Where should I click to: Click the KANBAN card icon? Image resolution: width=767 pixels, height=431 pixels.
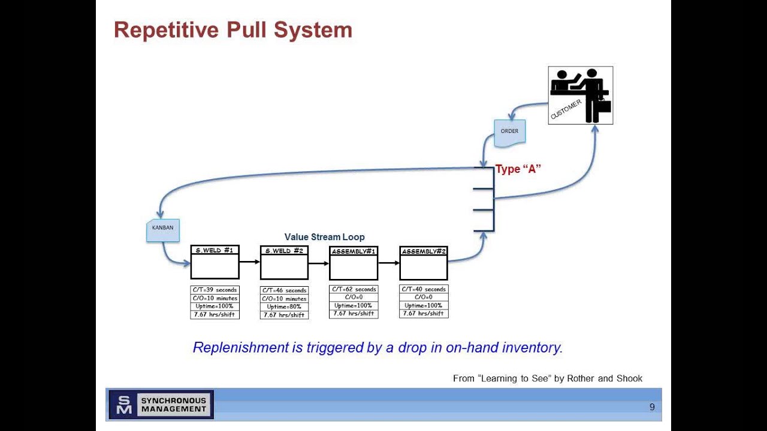pos(163,230)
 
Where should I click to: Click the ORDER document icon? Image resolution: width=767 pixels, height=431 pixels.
pos(509,132)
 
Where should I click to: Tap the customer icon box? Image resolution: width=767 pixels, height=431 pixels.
pos(580,95)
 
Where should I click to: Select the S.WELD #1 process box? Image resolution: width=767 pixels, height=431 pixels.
pos(215,262)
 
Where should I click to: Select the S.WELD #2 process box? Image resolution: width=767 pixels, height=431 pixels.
pos(284,262)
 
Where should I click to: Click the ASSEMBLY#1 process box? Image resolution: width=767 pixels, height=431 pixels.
pos(354,262)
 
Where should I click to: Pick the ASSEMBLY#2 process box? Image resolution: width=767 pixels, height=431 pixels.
pos(424,262)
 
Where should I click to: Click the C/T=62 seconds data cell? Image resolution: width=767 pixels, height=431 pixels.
pos(354,289)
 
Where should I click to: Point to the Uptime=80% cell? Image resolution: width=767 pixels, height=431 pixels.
pos(284,306)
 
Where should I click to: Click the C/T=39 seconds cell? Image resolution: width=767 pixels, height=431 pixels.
pos(215,290)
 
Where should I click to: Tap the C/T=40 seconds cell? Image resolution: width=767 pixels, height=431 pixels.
pos(424,289)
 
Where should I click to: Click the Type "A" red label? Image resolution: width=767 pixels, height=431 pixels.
pos(518,169)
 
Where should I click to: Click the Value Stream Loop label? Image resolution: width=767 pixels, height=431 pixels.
pos(324,237)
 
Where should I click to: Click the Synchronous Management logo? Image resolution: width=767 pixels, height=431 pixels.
pos(161,405)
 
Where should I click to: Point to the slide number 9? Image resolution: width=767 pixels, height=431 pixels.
pos(652,407)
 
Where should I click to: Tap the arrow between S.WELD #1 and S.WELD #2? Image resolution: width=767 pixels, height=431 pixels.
pos(249,262)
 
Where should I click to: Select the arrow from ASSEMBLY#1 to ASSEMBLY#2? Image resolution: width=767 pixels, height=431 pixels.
pos(388,262)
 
